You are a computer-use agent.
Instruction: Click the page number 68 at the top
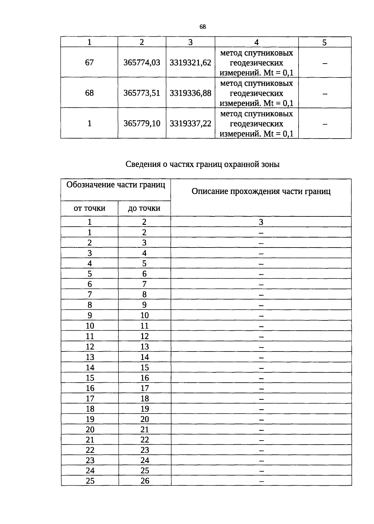click(203, 27)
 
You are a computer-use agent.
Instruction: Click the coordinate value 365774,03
click(142, 63)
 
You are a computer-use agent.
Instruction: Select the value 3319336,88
click(190, 93)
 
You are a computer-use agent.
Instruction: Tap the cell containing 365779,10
click(142, 124)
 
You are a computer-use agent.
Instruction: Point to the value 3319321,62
click(190, 63)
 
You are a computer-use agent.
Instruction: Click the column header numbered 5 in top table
click(324, 42)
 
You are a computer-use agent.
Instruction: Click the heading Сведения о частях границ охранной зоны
click(203, 164)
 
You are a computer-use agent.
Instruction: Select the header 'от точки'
click(89, 208)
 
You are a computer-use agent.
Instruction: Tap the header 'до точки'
click(144, 208)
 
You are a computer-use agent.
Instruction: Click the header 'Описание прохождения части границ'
click(261, 191)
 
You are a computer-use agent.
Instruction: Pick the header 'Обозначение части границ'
click(116, 185)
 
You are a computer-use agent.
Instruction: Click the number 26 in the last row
click(145, 481)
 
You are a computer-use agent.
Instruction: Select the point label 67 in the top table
click(89, 63)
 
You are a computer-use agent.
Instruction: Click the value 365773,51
click(142, 93)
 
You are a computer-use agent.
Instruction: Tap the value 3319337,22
click(190, 124)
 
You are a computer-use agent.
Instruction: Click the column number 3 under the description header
click(261, 222)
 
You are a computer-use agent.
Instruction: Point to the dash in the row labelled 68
click(325, 93)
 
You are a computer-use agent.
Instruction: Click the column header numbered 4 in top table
click(257, 42)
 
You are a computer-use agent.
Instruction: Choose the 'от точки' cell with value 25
click(90, 481)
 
